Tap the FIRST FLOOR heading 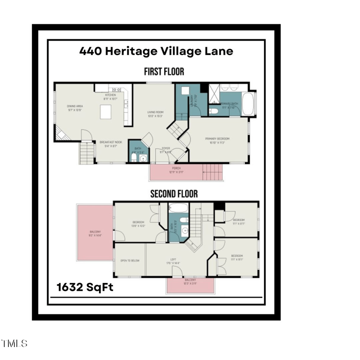[x=164, y=72]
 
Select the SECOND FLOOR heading [x=174, y=194]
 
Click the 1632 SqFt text [x=85, y=287]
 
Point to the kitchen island [x=106, y=112]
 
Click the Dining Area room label [x=75, y=106]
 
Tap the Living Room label [x=156, y=112]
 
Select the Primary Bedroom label [x=217, y=139]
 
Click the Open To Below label [x=129, y=261]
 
